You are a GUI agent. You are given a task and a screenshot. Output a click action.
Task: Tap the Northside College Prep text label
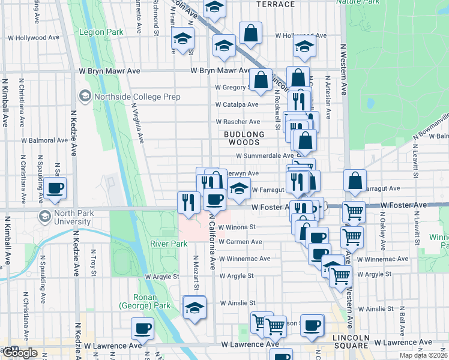coord(136,97)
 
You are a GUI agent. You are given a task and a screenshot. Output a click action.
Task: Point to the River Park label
coord(168,244)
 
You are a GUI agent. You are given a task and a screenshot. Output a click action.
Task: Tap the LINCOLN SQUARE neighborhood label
coord(351,342)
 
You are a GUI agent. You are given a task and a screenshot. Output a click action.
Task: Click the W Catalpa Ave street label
coord(238,104)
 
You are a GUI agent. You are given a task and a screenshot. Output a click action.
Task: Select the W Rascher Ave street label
coord(238,122)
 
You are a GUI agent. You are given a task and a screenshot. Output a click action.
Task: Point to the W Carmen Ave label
coord(240,242)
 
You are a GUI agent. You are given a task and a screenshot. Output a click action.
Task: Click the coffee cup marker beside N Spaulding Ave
coord(55,188)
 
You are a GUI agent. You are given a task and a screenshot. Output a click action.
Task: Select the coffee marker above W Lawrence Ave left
coord(143,328)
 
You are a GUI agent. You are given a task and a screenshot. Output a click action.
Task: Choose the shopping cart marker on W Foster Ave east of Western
coord(354,211)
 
